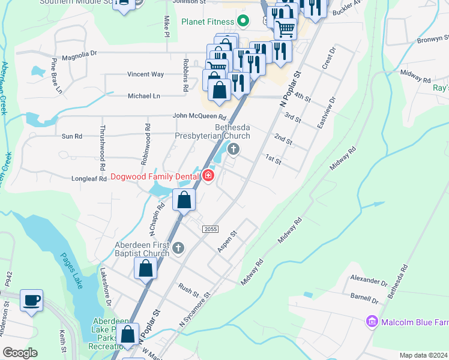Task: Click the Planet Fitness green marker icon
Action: tap(243, 22)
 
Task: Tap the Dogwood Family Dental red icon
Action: tap(208, 176)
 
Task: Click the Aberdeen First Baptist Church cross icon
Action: tap(178, 248)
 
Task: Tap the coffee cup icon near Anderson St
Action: tap(31, 300)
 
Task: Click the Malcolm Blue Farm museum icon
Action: tap(372, 323)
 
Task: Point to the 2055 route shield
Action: tap(210, 229)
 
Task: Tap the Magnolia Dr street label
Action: tap(79, 53)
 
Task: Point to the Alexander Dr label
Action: tap(369, 281)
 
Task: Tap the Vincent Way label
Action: tap(145, 74)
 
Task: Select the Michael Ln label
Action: tap(144, 96)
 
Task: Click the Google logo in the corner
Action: tap(20, 353)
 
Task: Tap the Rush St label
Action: tap(188, 289)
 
